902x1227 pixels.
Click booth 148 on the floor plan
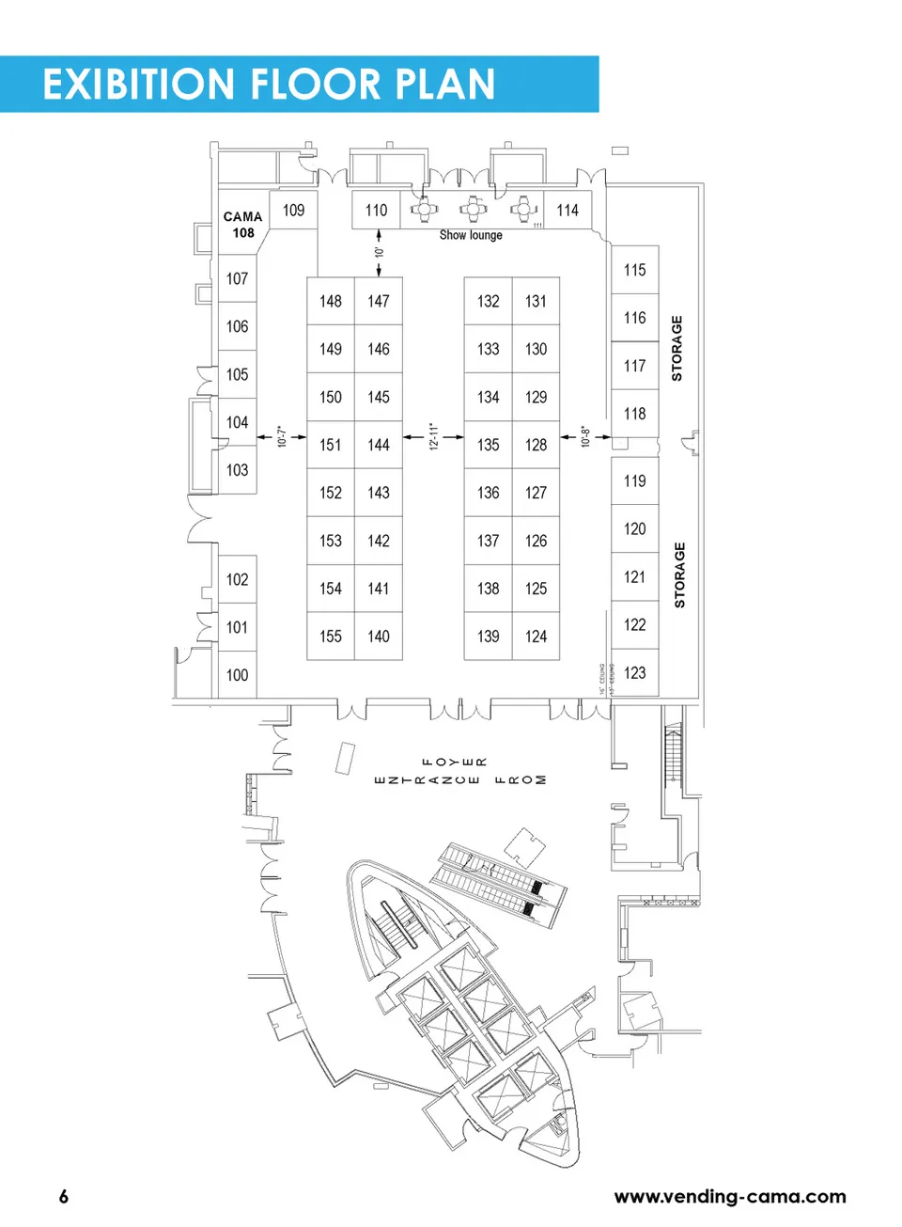331,301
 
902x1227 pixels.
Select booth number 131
536,301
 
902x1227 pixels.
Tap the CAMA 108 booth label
243,225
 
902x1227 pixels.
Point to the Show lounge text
471,235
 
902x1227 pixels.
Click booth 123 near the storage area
635,673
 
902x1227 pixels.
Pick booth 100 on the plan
237,675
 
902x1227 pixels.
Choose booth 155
331,637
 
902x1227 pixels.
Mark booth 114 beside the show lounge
568,211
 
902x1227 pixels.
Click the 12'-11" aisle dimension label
434,436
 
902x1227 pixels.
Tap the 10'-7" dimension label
281,436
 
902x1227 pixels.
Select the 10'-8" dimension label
585,436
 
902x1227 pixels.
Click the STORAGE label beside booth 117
676,348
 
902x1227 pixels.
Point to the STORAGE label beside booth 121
679,574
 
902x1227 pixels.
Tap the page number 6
64,1196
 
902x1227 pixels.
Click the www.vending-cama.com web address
730,1196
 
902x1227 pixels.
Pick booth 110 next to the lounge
376,211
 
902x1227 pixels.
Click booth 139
489,637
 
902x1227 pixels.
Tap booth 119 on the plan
635,481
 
